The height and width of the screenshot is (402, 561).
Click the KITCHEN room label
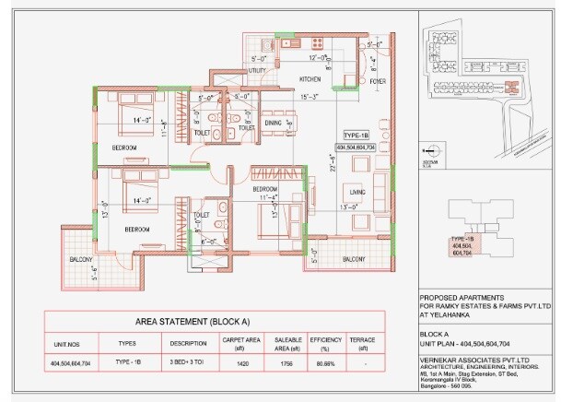click(x=310, y=79)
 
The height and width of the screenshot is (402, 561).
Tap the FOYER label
click(x=377, y=81)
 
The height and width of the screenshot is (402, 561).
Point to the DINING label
click(x=273, y=122)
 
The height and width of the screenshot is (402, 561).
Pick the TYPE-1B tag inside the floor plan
click(x=358, y=135)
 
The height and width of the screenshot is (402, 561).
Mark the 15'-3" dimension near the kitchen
click(x=309, y=96)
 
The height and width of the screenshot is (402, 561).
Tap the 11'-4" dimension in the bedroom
click(x=268, y=197)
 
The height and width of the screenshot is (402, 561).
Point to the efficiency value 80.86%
click(x=323, y=364)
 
